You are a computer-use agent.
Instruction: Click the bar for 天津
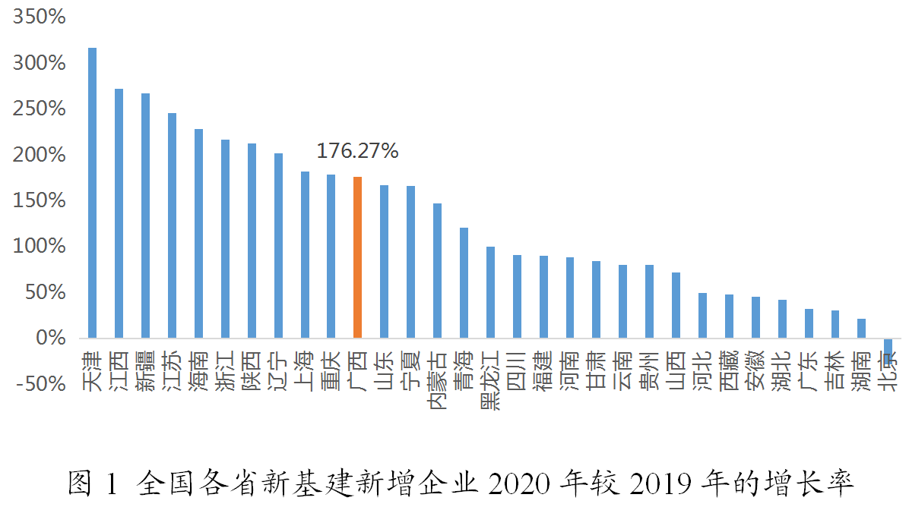[x=93, y=193]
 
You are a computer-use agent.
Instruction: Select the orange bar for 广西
[x=357, y=257]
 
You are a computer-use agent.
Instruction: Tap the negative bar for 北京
[x=887, y=346]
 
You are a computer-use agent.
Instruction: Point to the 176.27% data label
[x=357, y=151]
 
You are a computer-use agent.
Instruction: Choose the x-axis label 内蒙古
[x=437, y=370]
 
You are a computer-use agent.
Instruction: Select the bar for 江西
[x=119, y=213]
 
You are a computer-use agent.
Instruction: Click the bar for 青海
[x=464, y=282]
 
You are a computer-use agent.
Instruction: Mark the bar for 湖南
[x=861, y=328]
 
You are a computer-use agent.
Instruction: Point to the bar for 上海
[x=305, y=254]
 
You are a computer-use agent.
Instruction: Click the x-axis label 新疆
[x=145, y=370]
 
